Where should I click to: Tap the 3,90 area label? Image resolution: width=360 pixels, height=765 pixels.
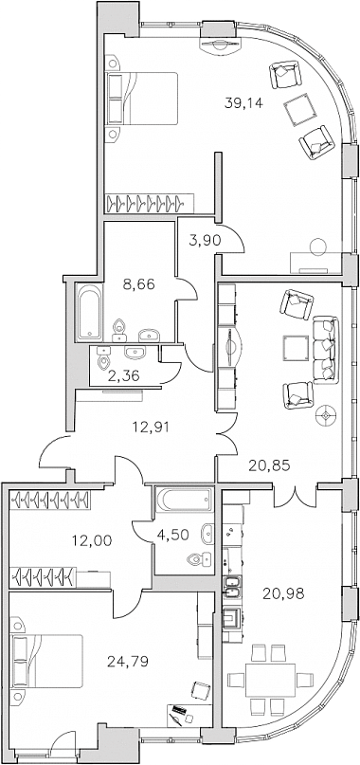202,240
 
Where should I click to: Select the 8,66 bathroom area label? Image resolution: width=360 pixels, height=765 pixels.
138,284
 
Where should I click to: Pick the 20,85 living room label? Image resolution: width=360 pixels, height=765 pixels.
269,465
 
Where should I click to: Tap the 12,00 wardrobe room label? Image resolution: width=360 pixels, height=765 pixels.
92,540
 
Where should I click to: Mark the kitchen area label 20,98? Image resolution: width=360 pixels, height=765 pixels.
283,593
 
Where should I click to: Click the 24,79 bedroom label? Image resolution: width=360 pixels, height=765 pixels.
127,662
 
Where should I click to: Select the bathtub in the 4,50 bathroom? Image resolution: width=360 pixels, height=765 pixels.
185,500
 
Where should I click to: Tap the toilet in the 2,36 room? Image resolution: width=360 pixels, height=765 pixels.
103,360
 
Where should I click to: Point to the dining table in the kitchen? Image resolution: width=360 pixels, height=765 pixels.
271,680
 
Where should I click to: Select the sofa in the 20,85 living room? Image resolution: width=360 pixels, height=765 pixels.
326,350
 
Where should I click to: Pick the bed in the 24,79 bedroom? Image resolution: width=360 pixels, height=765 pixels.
47,661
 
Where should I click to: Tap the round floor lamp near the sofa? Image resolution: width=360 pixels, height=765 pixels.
326,415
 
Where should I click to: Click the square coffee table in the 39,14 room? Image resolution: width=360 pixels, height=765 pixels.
298,110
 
